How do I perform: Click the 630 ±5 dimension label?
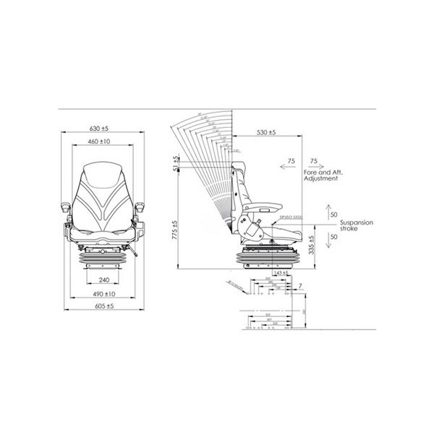[x=103, y=128]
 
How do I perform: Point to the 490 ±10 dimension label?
[x=103, y=294]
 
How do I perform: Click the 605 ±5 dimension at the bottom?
[x=103, y=307]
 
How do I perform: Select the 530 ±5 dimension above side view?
[x=266, y=133]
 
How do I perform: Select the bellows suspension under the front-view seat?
[x=103, y=256]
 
